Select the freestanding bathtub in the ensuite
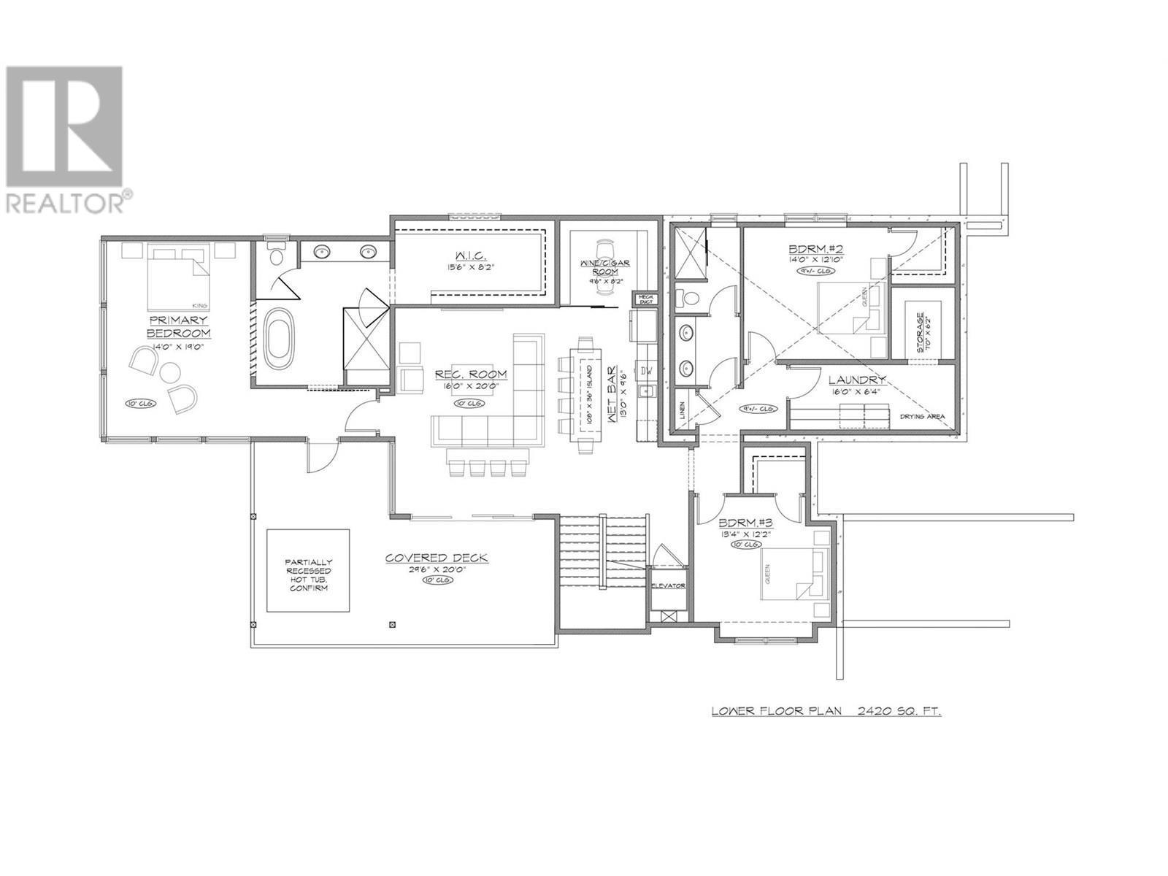pyautogui.click(x=278, y=340)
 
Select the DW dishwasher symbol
pyautogui.click(x=646, y=371)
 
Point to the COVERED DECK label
pyautogui.click(x=437, y=558)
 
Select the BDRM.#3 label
pyautogui.click(x=746, y=523)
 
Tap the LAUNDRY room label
pyautogui.click(x=858, y=380)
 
